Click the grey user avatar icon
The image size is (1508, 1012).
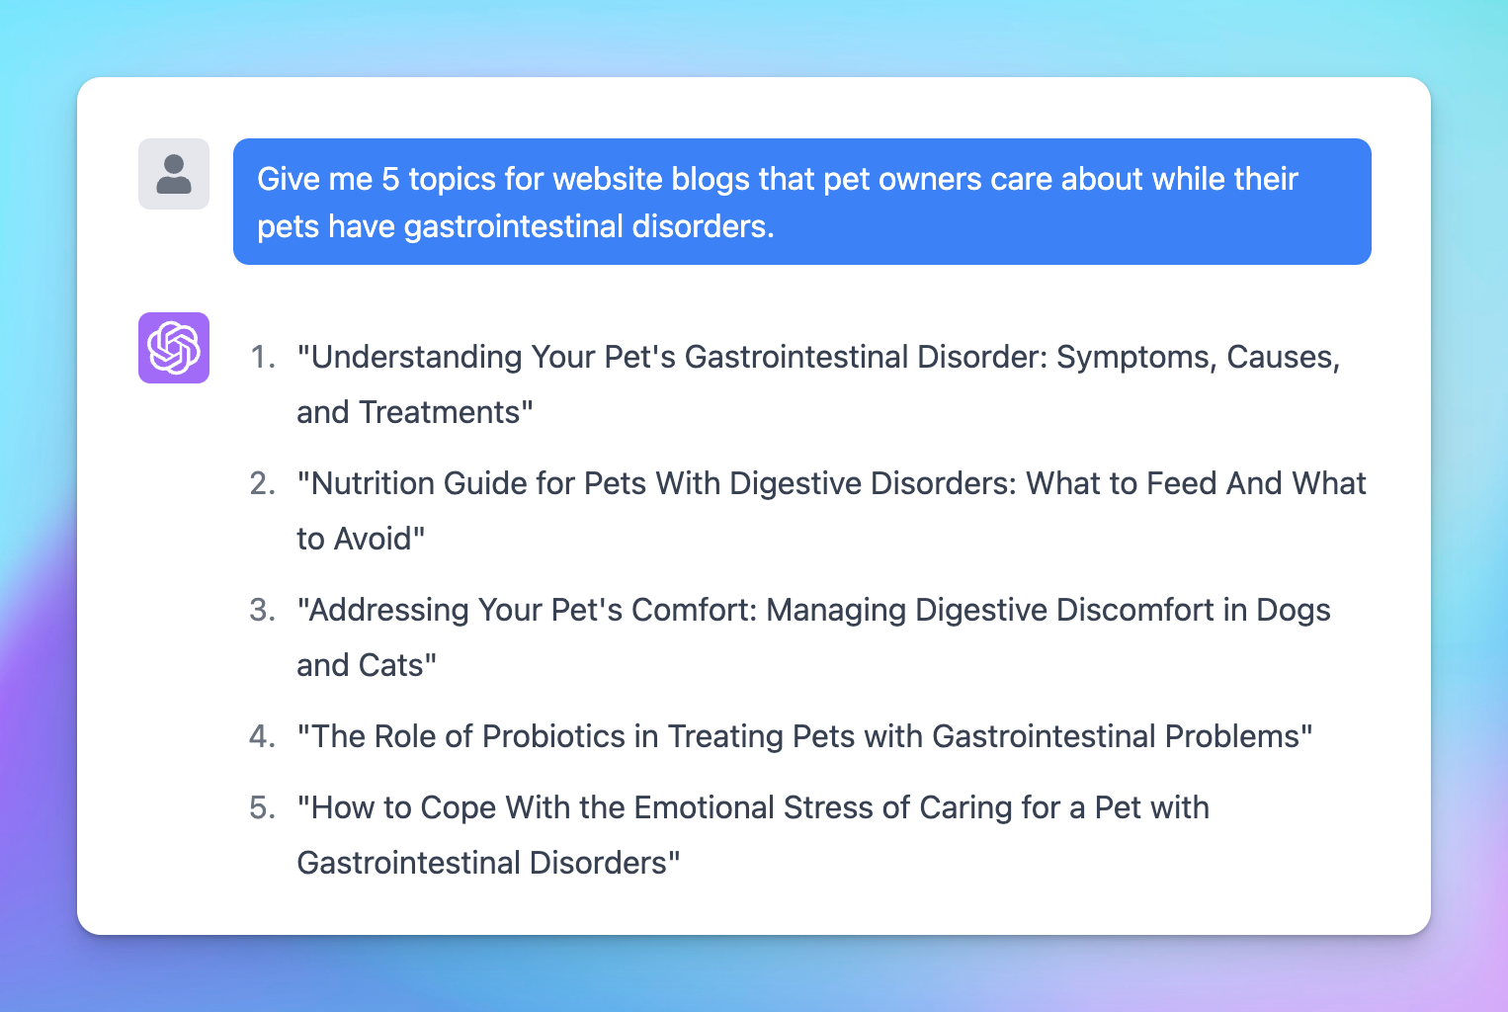click(174, 174)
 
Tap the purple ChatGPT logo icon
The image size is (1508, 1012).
click(174, 348)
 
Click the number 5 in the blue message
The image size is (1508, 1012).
click(390, 179)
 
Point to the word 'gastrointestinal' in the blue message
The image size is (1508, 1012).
click(513, 227)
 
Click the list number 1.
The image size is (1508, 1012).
click(262, 357)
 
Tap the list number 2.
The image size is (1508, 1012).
click(262, 483)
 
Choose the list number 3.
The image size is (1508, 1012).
click(262, 610)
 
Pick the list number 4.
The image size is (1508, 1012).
click(262, 736)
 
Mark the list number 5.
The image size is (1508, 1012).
click(262, 808)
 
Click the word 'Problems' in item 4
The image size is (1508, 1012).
click(1232, 736)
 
